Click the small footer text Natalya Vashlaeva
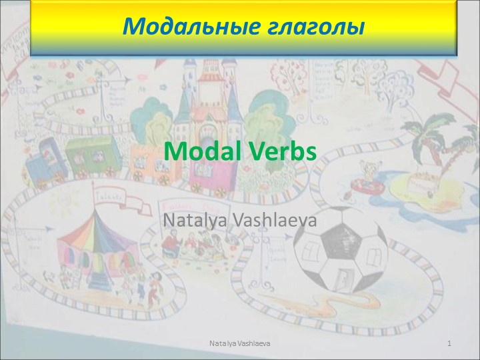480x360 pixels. (239, 342)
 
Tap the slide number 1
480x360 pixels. (451, 342)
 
